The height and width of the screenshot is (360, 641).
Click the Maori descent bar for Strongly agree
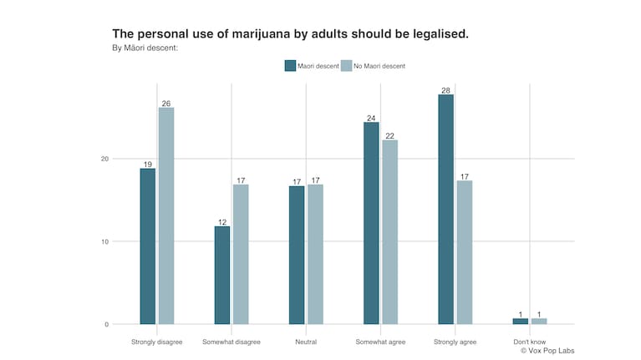(x=445, y=209)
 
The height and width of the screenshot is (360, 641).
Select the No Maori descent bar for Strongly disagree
(x=166, y=215)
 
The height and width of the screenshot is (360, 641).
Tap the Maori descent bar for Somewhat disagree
(x=222, y=275)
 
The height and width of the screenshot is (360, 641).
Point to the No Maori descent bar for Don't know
(x=539, y=321)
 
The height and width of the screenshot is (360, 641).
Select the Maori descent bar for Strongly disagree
(x=148, y=246)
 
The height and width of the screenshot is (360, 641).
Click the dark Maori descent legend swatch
(x=290, y=66)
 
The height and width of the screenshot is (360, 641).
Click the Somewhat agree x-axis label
(x=381, y=342)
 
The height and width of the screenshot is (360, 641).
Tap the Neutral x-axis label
(x=306, y=342)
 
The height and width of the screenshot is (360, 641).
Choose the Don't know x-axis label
(x=530, y=342)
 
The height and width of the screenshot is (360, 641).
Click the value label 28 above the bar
(x=445, y=89)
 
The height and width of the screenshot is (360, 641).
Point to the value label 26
(x=166, y=103)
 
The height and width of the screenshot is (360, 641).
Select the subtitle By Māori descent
(x=145, y=48)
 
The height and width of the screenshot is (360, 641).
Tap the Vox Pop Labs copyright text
(x=547, y=351)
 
